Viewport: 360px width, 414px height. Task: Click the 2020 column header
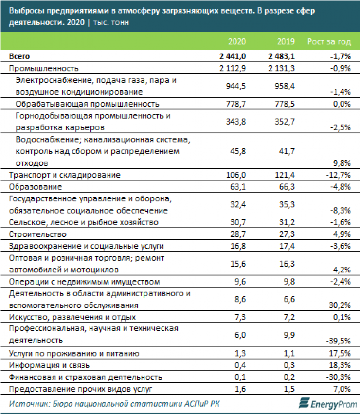237,42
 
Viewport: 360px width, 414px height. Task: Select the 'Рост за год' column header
329,42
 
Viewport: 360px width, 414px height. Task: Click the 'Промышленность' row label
44,68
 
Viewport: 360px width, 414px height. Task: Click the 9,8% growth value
341,162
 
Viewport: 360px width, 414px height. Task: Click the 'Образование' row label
36,186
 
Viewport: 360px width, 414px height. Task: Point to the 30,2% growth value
339,306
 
